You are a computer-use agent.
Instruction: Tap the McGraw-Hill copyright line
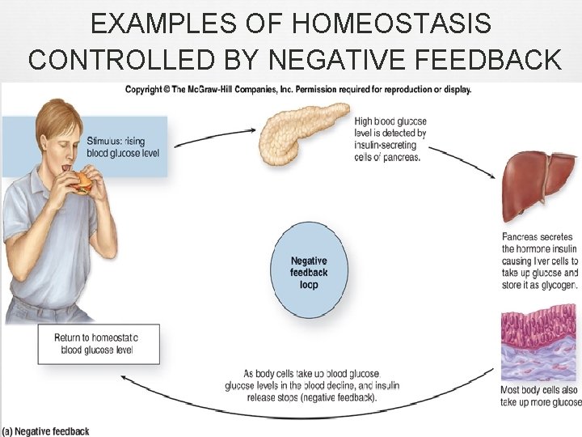pos(297,89)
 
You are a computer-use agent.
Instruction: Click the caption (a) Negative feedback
pos(46,431)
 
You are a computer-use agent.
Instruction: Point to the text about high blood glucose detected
pos(390,139)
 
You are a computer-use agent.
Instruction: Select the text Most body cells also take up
pos(540,396)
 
